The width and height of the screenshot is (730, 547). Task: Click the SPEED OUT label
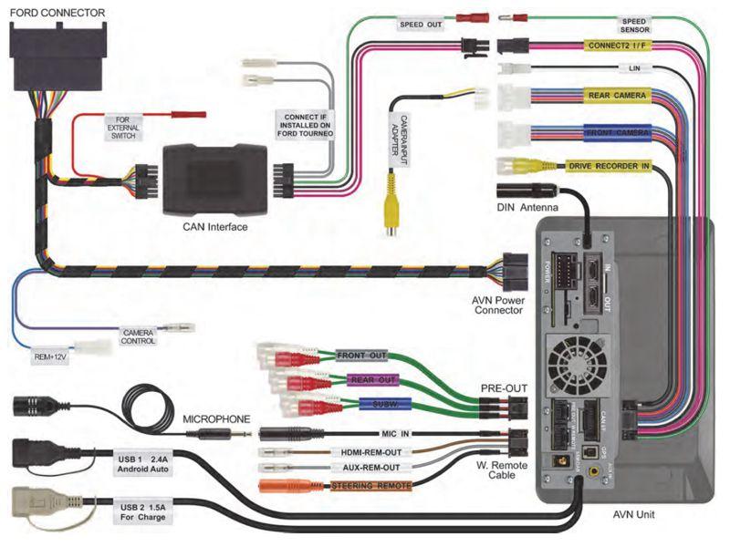422,25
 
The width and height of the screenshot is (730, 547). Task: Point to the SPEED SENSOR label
634,25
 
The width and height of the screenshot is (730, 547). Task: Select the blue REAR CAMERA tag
618,96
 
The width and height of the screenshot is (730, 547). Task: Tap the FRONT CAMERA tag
619,133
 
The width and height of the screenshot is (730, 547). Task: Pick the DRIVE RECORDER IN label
609,165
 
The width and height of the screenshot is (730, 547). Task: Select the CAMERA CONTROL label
139,336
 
